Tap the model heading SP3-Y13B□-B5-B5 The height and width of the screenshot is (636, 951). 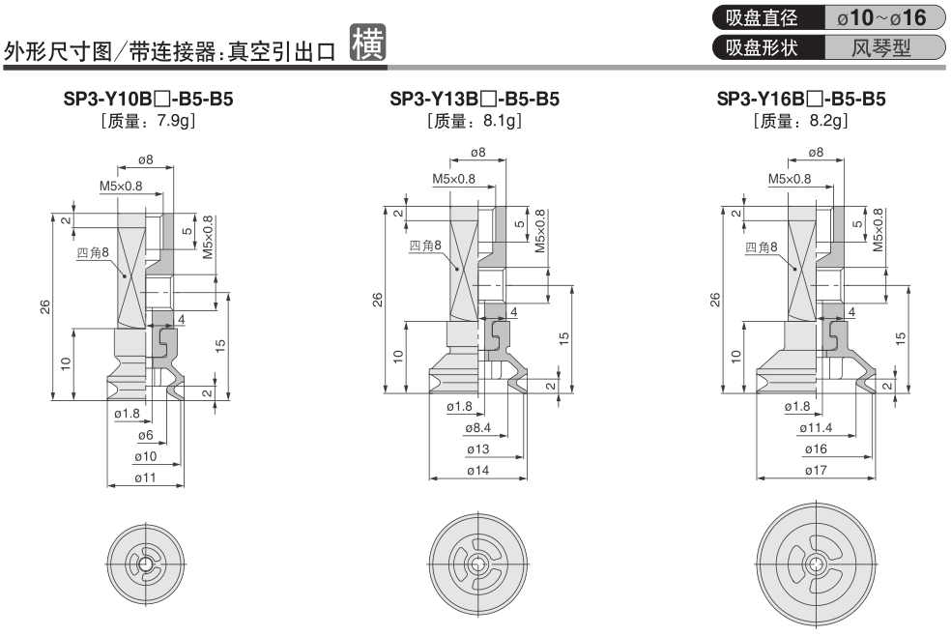[475, 100]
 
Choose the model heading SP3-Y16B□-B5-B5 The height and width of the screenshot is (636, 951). [802, 100]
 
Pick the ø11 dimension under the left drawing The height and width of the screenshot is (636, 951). [146, 477]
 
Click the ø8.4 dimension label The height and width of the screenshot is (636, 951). [477, 428]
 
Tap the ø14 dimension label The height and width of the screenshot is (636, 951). [477, 472]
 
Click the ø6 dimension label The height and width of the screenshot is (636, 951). [146, 436]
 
